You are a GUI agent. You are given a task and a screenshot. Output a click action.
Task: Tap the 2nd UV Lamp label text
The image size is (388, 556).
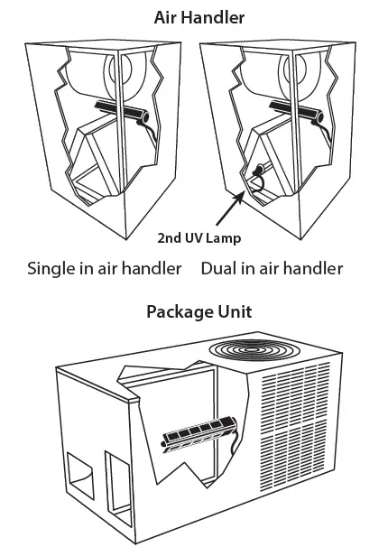point(198,238)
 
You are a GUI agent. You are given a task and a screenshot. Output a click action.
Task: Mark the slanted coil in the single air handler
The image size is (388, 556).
point(95,158)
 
